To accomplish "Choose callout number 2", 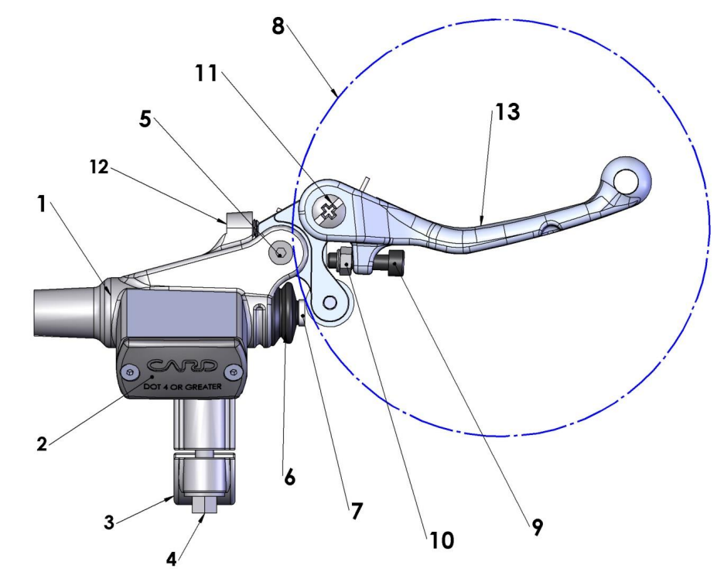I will tap(44, 444).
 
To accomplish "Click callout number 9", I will tap(537, 528).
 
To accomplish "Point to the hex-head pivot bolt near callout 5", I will tap(278, 252).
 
